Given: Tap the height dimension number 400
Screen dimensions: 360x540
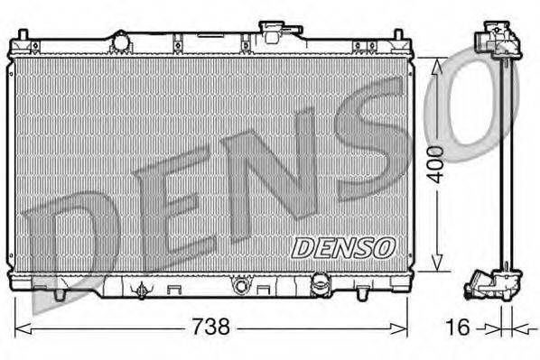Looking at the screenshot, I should (x=436, y=163).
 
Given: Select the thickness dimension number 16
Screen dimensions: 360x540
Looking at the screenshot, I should (x=459, y=326).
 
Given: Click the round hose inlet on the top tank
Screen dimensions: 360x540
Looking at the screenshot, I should (x=120, y=40).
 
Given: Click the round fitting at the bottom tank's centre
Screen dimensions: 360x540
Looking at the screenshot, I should (x=240, y=287).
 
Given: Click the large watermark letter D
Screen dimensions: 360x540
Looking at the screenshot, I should (x=68, y=244).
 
